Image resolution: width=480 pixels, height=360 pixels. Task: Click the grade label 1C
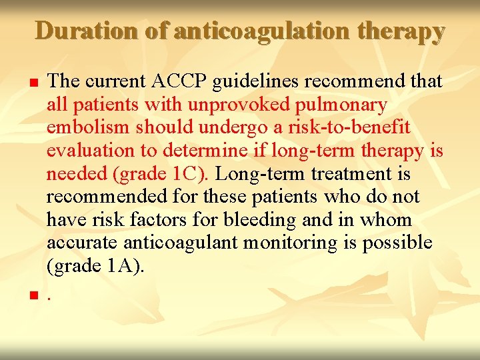coord(190,175)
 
